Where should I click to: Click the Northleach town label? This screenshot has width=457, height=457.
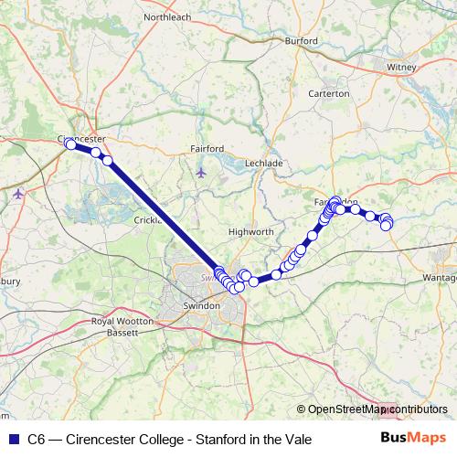click(165, 16)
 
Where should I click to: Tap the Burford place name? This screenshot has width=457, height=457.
click(300, 41)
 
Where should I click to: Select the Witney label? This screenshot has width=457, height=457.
click(401, 67)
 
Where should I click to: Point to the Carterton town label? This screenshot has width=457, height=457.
click(329, 93)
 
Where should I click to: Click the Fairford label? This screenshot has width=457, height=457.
click(207, 148)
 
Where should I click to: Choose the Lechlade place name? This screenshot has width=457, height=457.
click(264, 163)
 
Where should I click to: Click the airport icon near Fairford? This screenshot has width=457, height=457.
click(202, 172)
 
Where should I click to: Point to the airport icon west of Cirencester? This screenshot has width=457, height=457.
click(19, 193)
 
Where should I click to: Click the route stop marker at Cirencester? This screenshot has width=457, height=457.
click(70, 144)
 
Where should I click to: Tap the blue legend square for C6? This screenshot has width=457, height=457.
click(13, 439)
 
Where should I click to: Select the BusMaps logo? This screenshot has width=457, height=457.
click(412, 439)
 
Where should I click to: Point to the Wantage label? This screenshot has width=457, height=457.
click(441, 277)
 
